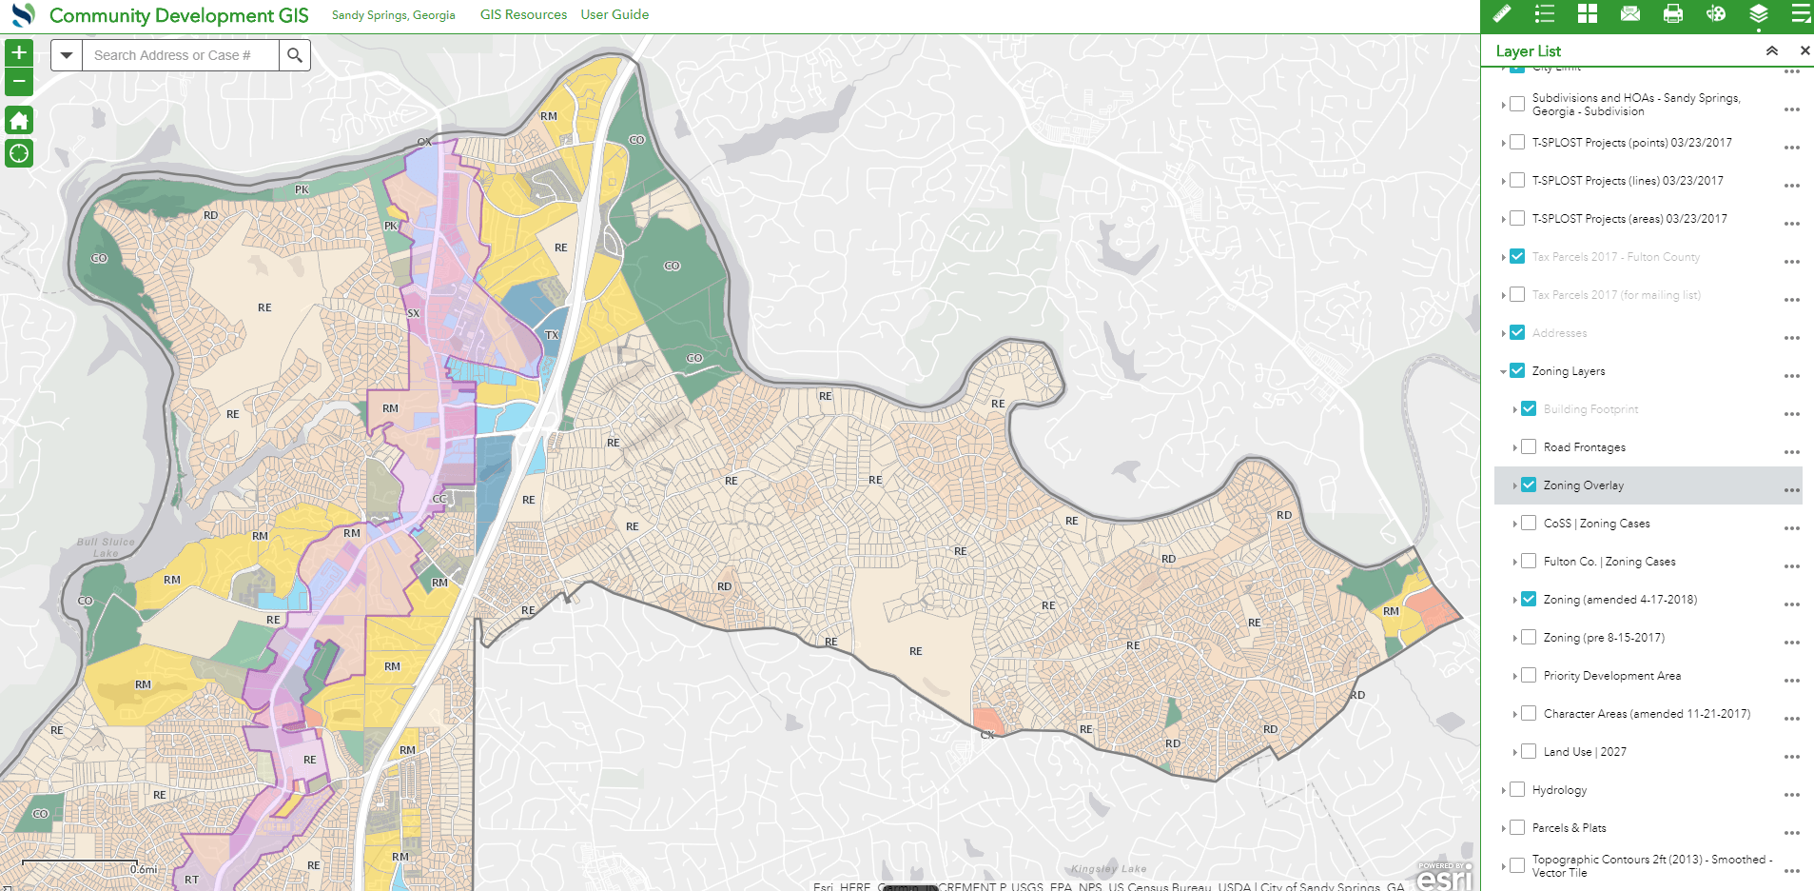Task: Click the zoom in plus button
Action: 19,53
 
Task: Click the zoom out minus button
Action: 19,82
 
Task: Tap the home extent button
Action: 19,121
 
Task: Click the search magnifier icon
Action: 295,55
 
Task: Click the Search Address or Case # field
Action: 181,55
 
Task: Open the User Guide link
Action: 614,14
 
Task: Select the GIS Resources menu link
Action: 523,14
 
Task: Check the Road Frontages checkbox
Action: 1529,446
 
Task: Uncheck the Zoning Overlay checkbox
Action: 1529,485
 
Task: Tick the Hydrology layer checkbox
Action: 1517,789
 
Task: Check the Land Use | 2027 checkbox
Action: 1529,751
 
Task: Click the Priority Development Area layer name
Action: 1611,676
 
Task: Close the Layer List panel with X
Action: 1804,50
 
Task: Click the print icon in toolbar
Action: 1673,13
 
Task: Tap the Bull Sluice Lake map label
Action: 106,546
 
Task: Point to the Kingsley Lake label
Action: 1108,868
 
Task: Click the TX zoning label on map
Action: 552,335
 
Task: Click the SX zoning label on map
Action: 413,313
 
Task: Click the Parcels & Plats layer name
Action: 1569,828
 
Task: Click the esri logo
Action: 1444,878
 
